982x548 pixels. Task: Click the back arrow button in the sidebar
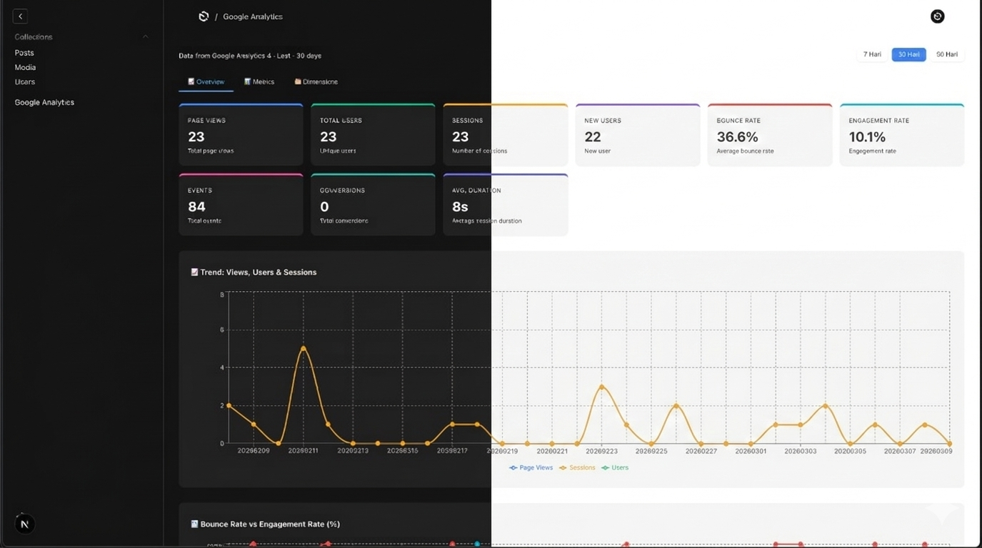coord(20,16)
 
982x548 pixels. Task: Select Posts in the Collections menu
coord(24,53)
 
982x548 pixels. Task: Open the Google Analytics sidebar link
coord(44,102)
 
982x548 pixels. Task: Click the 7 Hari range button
coord(872,54)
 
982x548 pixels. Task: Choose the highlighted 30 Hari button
coord(908,54)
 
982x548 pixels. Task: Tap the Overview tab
coord(206,82)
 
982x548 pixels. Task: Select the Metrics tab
coord(259,82)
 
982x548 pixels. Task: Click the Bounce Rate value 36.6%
coord(737,137)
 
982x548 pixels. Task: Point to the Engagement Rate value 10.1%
coord(867,137)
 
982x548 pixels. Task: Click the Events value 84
coord(196,207)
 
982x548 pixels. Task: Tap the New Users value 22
coord(593,137)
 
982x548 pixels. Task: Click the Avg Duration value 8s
coord(460,207)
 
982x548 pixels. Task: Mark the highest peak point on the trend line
coord(304,348)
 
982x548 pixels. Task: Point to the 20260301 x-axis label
coord(751,451)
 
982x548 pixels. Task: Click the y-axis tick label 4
coord(222,367)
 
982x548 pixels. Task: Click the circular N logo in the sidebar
coord(24,524)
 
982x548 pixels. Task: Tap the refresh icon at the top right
coord(937,16)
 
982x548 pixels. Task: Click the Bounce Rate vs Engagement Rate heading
coord(270,524)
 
